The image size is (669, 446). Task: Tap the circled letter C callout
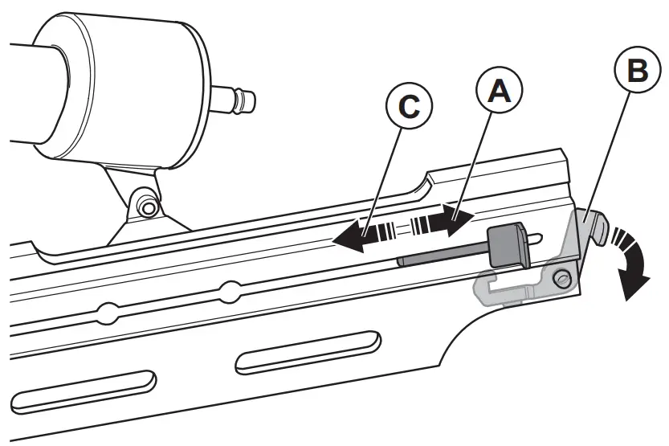(x=408, y=107)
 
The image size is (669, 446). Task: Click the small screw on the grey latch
(x=562, y=277)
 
